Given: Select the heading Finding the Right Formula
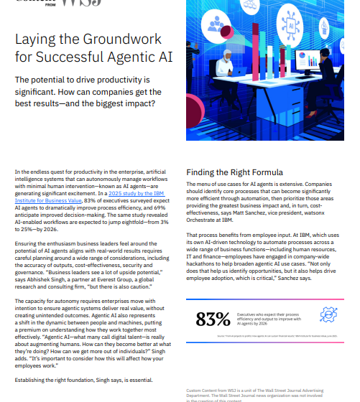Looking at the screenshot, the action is (x=234, y=172).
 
